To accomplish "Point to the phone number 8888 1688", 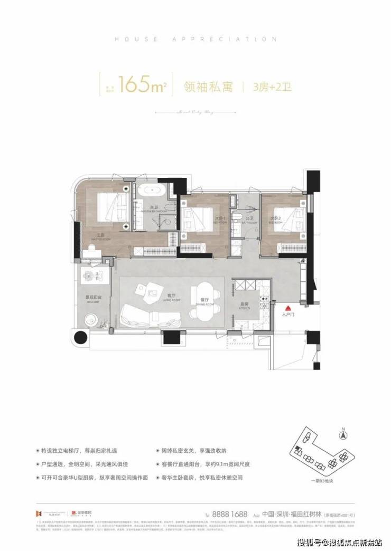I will (227, 512).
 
